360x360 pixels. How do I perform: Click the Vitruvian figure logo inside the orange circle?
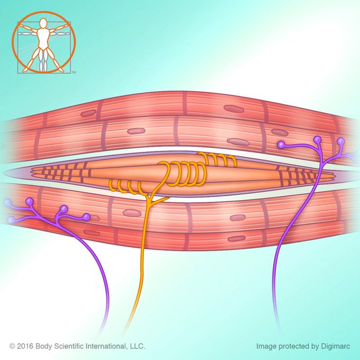[43, 41]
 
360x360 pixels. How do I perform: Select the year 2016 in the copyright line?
[26, 346]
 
